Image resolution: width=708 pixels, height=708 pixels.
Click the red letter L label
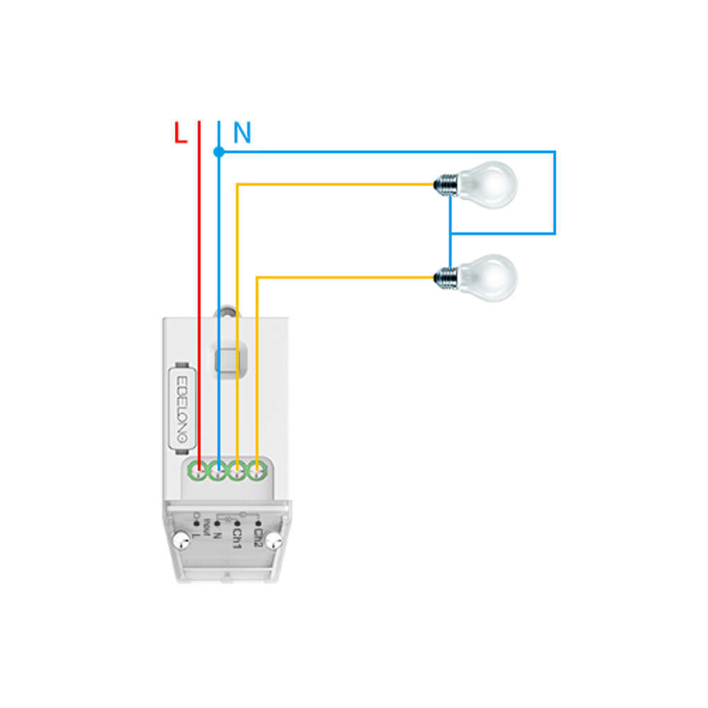[181, 133]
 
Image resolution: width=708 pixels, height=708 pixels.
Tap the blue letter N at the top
[242, 133]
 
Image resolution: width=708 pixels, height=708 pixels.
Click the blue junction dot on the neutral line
[219, 152]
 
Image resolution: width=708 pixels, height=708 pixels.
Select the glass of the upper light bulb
[490, 184]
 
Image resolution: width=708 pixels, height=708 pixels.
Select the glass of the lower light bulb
[490, 277]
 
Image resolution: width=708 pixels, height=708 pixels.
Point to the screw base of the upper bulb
[445, 185]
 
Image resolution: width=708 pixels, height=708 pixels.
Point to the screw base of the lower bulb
[445, 277]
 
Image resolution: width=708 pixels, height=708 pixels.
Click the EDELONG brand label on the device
[181, 408]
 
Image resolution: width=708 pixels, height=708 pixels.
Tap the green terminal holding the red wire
[199, 469]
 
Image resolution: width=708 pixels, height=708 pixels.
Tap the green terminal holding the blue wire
[219, 469]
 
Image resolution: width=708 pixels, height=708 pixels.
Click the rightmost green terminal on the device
[258, 469]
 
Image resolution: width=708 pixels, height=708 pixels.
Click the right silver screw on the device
[276, 542]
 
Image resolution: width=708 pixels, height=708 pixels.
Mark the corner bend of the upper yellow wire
[238, 185]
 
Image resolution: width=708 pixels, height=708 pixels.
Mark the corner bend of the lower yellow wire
[257, 278]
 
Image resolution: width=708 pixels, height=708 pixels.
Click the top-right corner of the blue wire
[554, 152]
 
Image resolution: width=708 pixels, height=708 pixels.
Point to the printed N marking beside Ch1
[218, 534]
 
